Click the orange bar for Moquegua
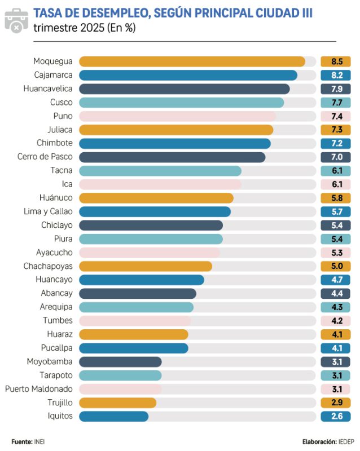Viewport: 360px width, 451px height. coord(192,61)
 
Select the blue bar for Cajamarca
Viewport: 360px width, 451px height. coord(188,75)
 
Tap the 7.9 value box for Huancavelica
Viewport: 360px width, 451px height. coord(336,89)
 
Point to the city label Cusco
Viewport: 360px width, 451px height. coord(62,103)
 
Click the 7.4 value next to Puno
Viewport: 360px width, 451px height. coord(336,116)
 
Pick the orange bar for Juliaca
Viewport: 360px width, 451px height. coord(176,130)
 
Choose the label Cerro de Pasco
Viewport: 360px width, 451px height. coord(45,157)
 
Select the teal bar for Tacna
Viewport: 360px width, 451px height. coord(160,171)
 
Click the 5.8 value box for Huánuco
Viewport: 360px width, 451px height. coord(336,198)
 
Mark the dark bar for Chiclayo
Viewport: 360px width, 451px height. coord(151,225)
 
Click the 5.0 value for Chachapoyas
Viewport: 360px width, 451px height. coord(336,266)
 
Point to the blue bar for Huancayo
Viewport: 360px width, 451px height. coord(142,280)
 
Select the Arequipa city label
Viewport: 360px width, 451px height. coord(56,307)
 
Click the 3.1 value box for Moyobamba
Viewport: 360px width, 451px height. coord(336,362)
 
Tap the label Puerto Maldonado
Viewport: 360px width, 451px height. coord(39,389)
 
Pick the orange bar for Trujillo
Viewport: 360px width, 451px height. coord(117,403)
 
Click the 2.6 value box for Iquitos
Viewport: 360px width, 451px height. coord(336,417)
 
